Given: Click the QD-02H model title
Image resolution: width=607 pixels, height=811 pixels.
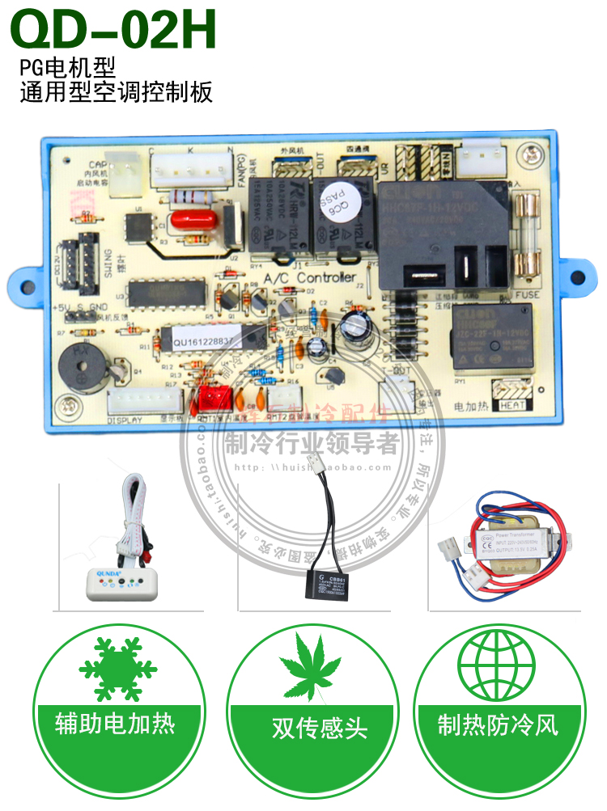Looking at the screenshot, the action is (113, 30).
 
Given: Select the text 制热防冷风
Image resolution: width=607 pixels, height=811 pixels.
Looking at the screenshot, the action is (497, 723).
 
